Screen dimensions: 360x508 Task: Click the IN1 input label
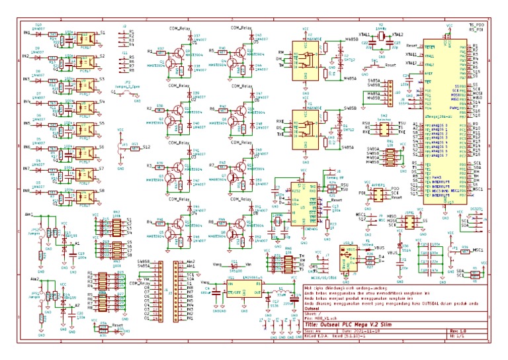[x=26, y=32]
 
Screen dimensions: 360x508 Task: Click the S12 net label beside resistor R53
[x=146, y=146]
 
